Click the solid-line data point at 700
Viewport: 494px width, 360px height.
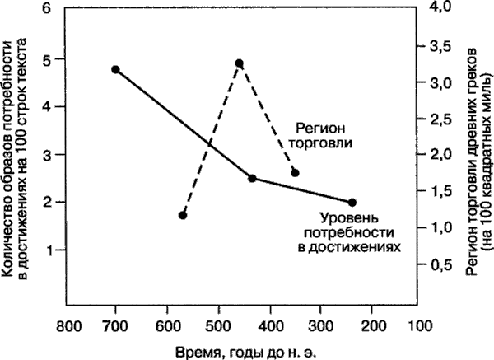(115, 70)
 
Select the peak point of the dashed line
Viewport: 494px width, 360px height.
(239, 63)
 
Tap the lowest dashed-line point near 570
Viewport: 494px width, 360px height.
(183, 215)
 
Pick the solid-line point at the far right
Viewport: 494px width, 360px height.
(352, 202)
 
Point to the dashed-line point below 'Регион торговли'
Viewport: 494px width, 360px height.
(295, 172)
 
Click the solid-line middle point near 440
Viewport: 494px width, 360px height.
(252, 178)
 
